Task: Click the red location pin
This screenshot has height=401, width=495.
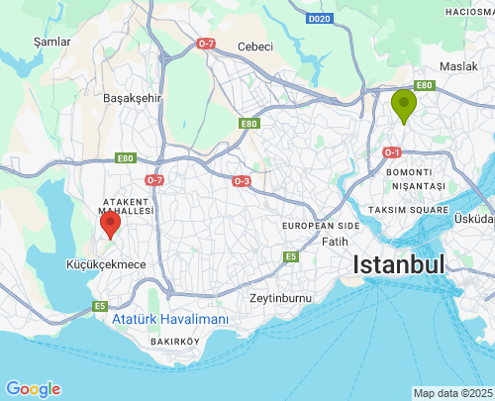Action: point(110,222)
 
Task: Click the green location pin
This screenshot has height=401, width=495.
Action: point(403,105)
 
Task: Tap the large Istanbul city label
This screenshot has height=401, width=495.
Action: point(399,265)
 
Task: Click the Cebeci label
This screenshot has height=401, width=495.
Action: point(254,47)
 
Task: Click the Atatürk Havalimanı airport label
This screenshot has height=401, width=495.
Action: point(169,320)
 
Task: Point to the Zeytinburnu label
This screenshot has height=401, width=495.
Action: point(280,298)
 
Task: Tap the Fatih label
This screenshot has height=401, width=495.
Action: point(336,241)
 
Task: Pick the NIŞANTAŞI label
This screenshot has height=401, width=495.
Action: point(416,185)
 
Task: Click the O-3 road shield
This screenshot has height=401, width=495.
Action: point(242,181)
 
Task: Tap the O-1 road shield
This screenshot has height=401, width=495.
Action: point(391,152)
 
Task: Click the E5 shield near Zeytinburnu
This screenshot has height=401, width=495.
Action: point(291,256)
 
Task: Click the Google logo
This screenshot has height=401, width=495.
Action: point(33,389)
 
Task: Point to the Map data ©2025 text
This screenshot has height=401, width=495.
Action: point(451,393)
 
